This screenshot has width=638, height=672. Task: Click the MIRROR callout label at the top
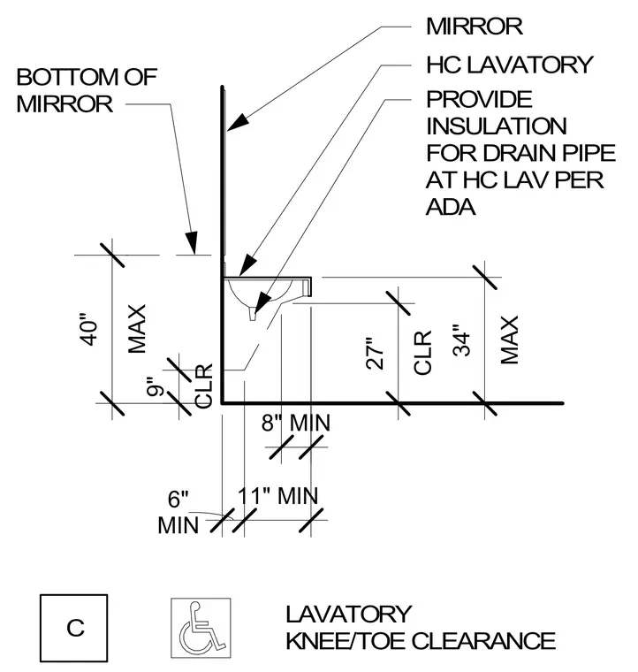[x=475, y=27]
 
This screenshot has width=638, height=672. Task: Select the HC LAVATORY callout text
[x=510, y=65]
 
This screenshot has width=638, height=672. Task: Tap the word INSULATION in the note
[x=497, y=126]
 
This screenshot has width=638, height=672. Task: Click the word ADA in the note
[x=451, y=207]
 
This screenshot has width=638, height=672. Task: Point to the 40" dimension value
[x=90, y=332]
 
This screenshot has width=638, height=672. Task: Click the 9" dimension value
[x=156, y=386]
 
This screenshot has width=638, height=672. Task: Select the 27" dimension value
[x=375, y=354]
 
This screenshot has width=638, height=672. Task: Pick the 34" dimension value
[x=461, y=340]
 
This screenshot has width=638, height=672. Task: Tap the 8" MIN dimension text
[x=296, y=424]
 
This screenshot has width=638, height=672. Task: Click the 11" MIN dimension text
[x=277, y=496]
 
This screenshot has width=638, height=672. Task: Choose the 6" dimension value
[x=178, y=500]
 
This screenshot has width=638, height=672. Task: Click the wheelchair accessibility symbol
[x=201, y=628]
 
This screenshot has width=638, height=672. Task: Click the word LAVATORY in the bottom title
[x=348, y=615]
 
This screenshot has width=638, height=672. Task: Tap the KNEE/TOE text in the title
[x=346, y=641]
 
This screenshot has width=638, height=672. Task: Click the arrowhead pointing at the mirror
[x=238, y=122]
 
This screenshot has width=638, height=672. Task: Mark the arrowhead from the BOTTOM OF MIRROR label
[x=193, y=243]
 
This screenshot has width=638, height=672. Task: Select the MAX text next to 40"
[x=138, y=329]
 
